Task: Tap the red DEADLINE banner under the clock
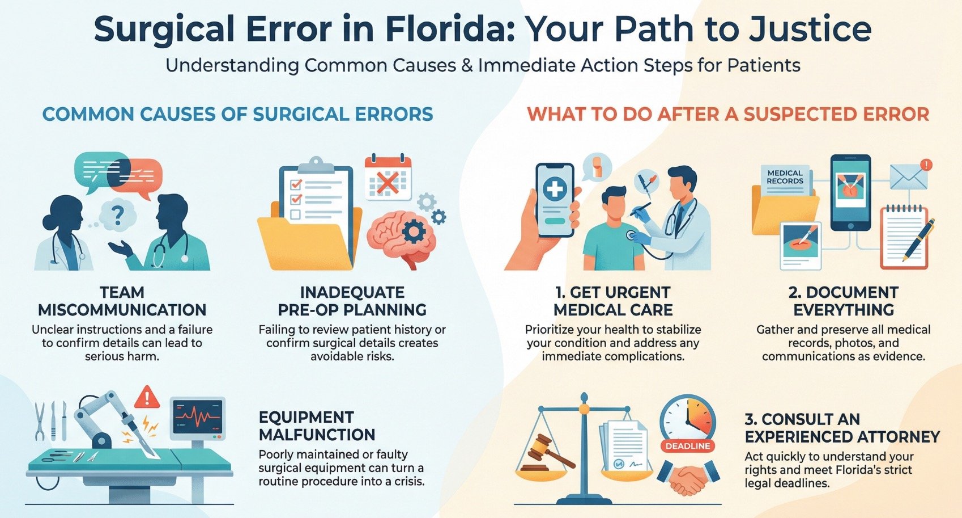pos(687,446)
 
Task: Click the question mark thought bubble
pos(117,214)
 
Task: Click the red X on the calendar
pos(388,183)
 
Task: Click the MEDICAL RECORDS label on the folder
pos(785,177)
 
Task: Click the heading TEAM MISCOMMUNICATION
pos(122,301)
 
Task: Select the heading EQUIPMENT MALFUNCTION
pos(317,426)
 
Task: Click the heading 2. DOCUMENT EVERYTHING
pos(843,301)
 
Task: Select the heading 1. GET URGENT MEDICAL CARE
pos(612,301)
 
